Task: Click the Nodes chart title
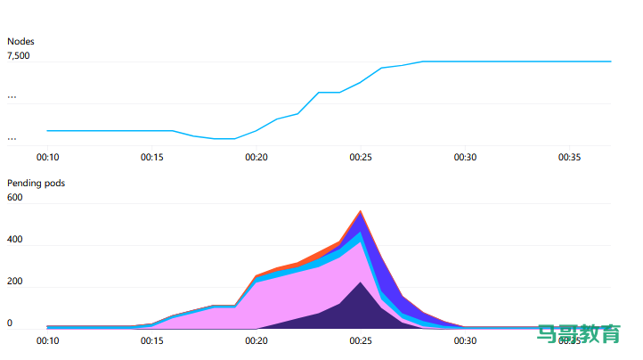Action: click(x=21, y=41)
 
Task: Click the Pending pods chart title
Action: click(x=36, y=183)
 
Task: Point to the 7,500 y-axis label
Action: click(x=19, y=56)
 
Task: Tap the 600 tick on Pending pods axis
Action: click(x=15, y=198)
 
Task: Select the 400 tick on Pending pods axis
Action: click(x=15, y=241)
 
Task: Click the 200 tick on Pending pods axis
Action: click(x=15, y=282)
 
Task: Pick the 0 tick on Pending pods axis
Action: click(x=10, y=323)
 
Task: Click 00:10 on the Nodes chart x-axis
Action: click(x=47, y=157)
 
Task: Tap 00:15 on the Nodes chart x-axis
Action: click(x=152, y=157)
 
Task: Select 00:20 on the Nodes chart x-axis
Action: click(x=256, y=157)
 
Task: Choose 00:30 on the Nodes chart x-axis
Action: click(x=465, y=157)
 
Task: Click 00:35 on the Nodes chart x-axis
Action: click(x=570, y=157)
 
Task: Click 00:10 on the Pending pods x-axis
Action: click(x=47, y=340)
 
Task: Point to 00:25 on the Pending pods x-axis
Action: click(x=361, y=340)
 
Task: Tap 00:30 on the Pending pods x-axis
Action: click(x=465, y=340)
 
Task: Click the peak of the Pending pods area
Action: click(x=361, y=212)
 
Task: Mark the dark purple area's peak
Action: click(x=360, y=284)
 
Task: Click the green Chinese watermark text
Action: click(x=578, y=334)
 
